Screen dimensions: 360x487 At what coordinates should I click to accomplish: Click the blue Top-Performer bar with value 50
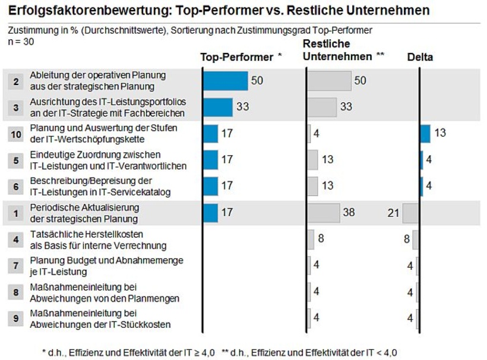(x=226, y=81)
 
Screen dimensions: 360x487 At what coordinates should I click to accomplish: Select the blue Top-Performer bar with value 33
(x=218, y=107)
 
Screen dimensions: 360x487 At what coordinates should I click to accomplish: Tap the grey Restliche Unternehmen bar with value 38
(x=323, y=212)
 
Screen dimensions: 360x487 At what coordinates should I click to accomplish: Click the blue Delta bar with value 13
(x=425, y=134)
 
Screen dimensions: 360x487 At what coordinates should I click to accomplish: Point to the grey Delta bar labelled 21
(x=411, y=212)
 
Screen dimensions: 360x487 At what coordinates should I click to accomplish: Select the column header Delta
(x=420, y=57)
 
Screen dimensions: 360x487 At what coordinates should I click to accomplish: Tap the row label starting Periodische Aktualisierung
(x=84, y=212)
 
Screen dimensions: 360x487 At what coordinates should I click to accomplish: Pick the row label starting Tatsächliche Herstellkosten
(x=87, y=239)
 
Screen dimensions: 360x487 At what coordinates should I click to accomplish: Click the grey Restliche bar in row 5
(x=313, y=160)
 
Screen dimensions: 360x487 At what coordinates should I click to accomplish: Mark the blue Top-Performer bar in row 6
(x=211, y=186)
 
